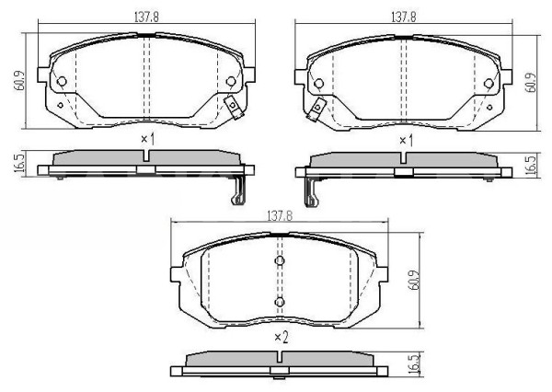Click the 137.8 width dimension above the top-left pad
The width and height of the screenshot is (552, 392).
coord(145,16)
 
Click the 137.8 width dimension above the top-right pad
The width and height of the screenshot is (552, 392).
coord(405,16)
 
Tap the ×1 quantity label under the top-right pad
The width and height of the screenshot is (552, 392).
coord(404,138)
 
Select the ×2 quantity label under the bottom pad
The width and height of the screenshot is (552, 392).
coord(281,337)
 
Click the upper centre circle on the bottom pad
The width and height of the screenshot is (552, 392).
coord(280,262)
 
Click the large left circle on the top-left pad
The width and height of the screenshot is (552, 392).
coord(63,82)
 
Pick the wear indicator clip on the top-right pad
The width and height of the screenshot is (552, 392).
coord(316,107)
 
